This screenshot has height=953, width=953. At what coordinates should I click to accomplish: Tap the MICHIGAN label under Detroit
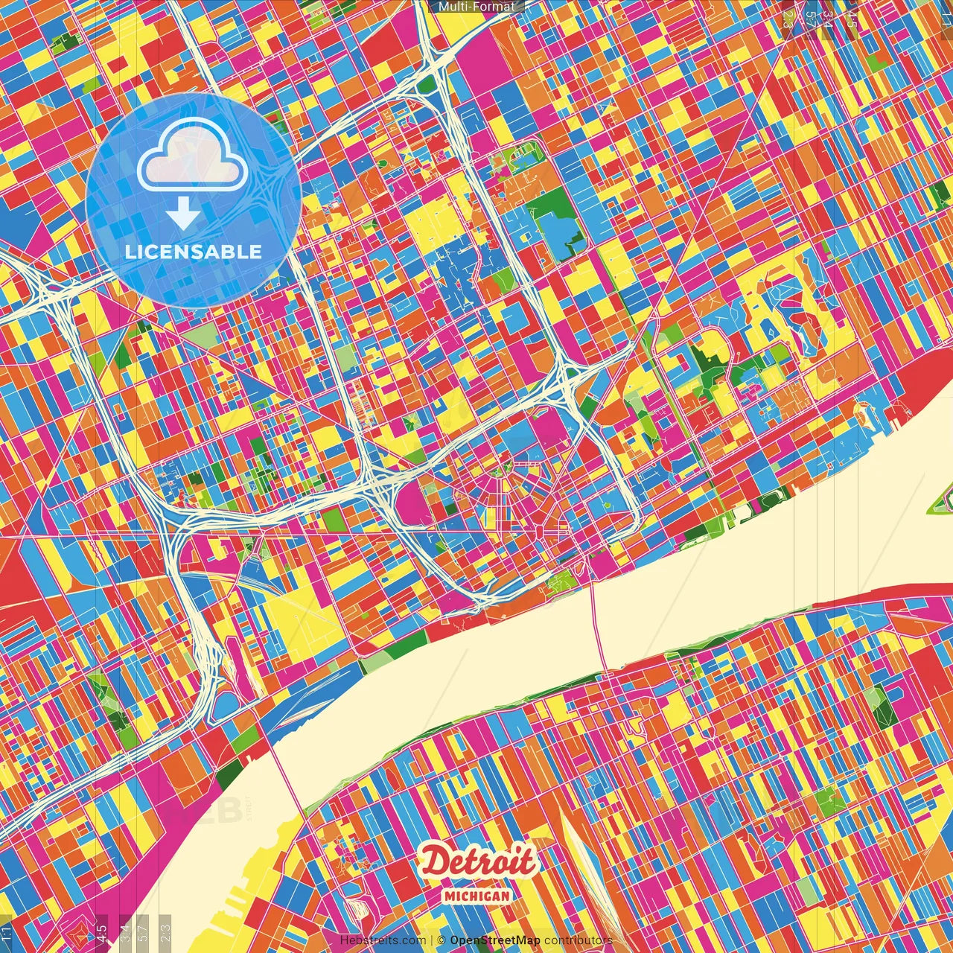click(x=477, y=896)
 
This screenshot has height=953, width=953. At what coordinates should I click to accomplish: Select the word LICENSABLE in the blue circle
click(x=194, y=252)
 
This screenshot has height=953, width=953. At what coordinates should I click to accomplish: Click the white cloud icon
click(x=192, y=155)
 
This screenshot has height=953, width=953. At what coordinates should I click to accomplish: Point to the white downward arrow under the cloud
click(x=182, y=214)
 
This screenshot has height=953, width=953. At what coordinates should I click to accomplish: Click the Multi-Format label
click(x=476, y=7)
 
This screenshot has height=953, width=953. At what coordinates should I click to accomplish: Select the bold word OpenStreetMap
click(x=495, y=940)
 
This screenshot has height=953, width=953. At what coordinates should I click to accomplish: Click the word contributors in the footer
click(x=579, y=940)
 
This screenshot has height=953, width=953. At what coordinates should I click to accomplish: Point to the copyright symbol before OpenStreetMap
click(x=442, y=940)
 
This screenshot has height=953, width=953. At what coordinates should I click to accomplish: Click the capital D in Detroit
click(x=434, y=862)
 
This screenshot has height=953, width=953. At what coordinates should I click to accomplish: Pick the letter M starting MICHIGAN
click(x=450, y=896)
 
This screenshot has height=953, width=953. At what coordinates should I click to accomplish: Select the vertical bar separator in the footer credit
click(x=431, y=940)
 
